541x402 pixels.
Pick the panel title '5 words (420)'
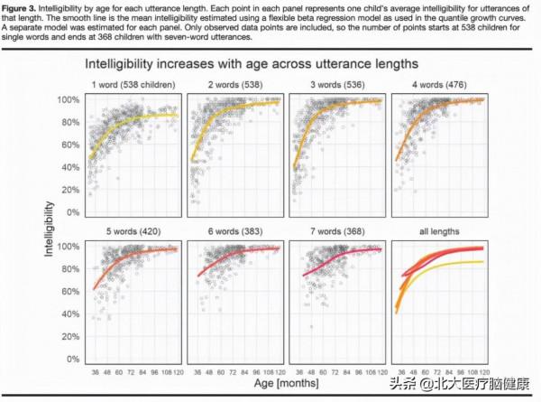(x=135, y=231)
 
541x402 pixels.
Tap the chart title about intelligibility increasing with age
(x=252, y=65)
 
